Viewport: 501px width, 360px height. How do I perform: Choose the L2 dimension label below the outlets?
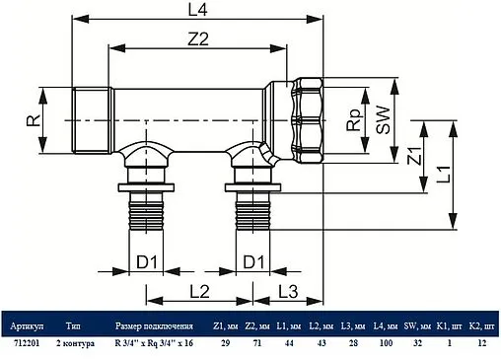198,291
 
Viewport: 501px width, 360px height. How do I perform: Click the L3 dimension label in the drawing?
286,291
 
